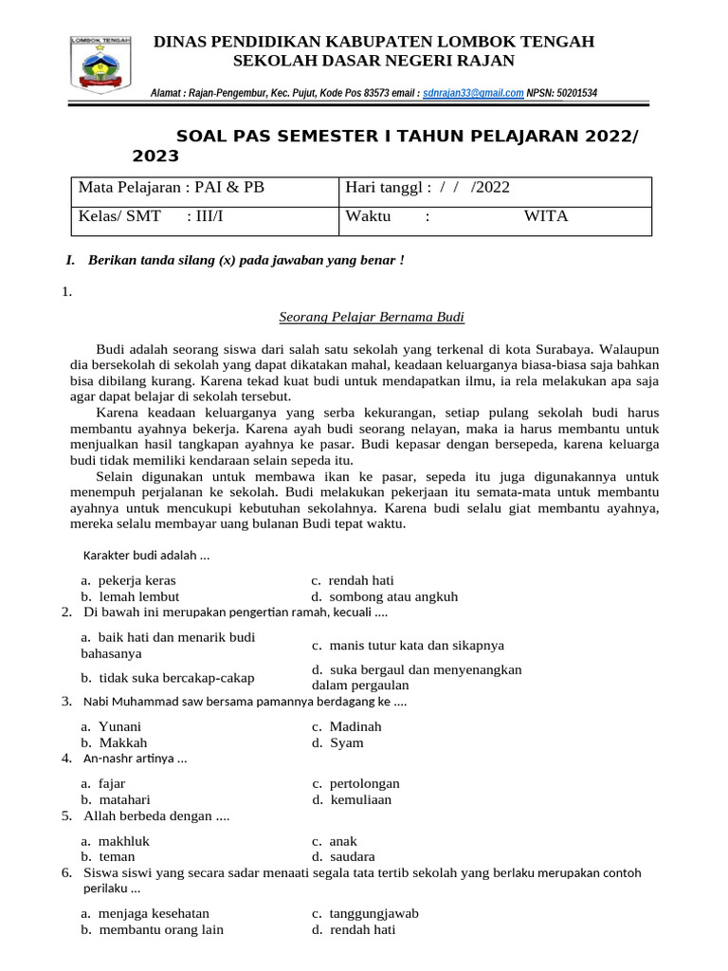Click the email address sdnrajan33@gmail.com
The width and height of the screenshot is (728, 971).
(473, 93)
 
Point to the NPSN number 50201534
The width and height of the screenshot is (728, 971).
(575, 93)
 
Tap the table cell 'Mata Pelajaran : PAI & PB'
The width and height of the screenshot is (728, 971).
(172, 188)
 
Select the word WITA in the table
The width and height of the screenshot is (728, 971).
(546, 216)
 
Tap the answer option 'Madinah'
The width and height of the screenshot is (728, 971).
(355, 726)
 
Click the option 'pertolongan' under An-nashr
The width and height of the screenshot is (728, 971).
(364, 783)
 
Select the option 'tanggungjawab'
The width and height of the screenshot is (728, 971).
(373, 913)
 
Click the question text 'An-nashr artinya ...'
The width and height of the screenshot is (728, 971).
(136, 759)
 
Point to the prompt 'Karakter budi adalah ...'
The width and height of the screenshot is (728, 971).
(147, 556)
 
